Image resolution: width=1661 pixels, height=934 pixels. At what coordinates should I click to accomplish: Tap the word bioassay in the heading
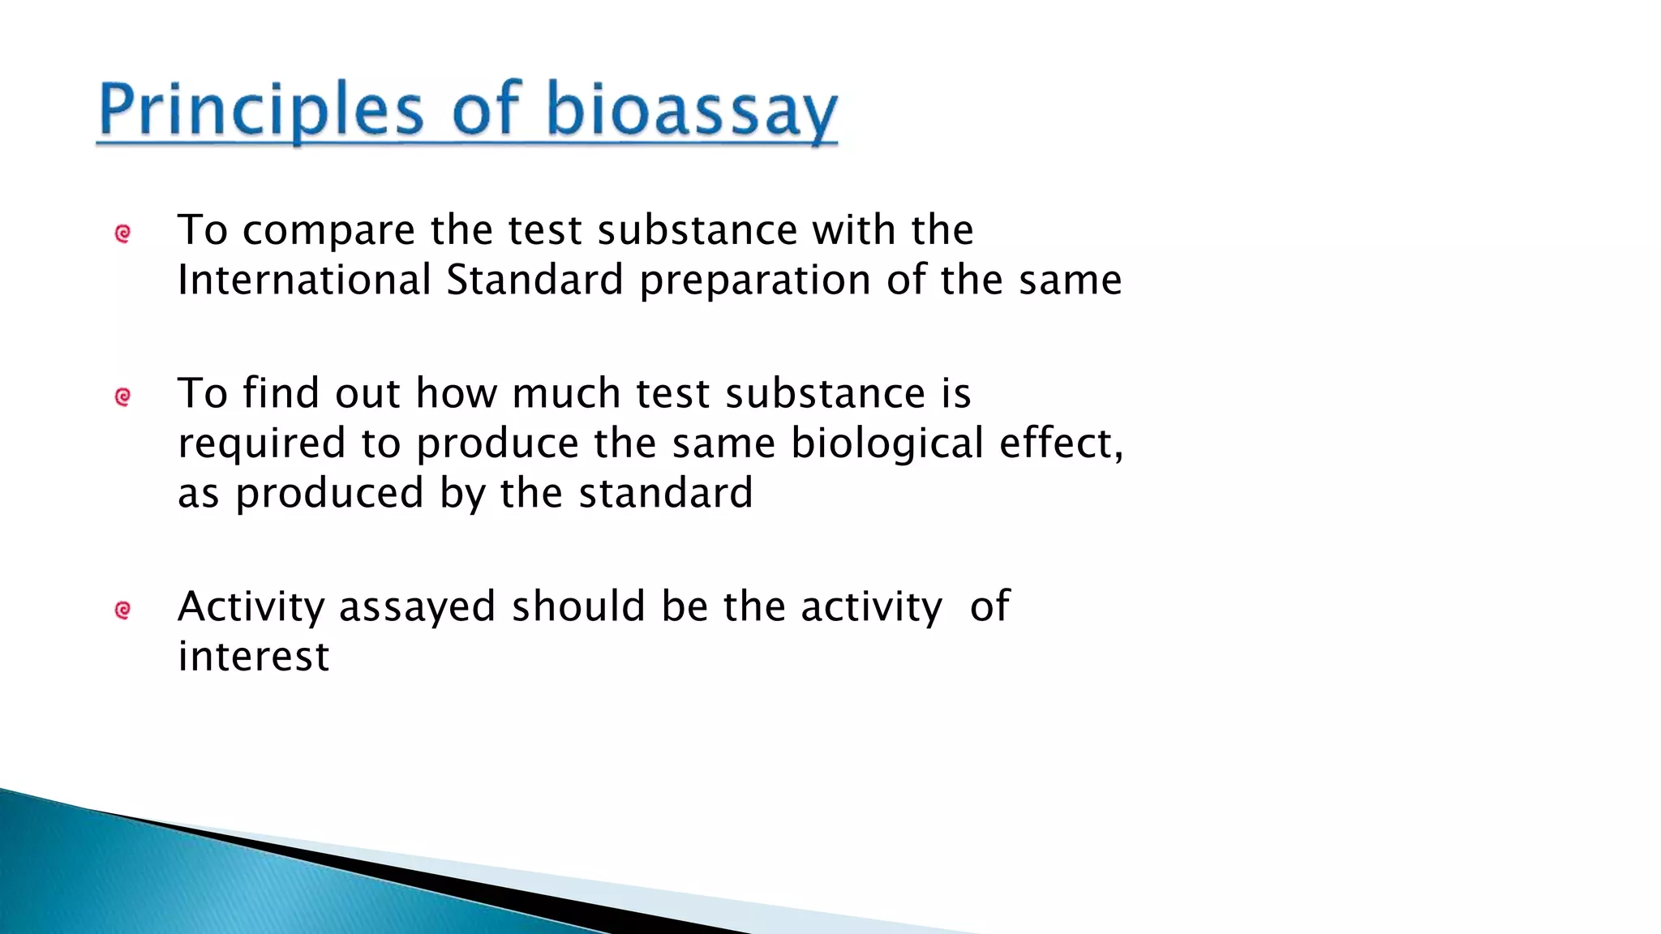click(x=691, y=110)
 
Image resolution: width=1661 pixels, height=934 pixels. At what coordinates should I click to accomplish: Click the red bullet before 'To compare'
click(x=123, y=234)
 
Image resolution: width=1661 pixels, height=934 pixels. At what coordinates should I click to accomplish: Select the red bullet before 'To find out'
click(x=123, y=397)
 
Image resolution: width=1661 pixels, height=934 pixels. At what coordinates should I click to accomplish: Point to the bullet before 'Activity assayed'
click(x=123, y=610)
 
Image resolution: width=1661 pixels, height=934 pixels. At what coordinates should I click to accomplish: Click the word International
click(x=304, y=281)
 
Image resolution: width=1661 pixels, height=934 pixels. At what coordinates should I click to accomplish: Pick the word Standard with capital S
click(x=534, y=281)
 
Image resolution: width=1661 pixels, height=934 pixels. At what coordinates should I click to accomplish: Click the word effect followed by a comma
click(x=1060, y=444)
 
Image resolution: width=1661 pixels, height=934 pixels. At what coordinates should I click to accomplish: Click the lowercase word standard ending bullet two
click(x=666, y=494)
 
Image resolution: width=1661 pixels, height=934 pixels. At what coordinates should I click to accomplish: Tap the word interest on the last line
click(x=253, y=657)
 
